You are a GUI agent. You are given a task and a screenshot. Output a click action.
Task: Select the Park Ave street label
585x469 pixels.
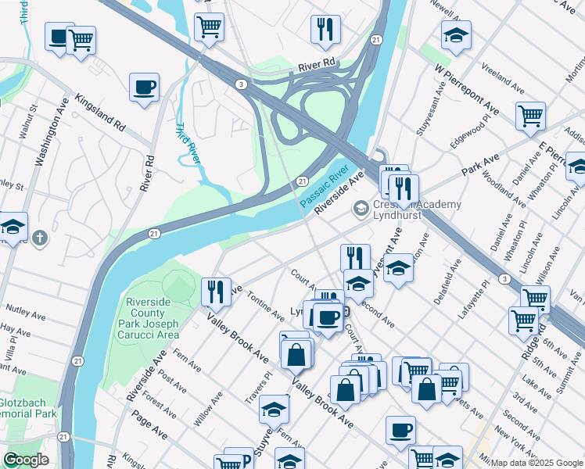[480, 165]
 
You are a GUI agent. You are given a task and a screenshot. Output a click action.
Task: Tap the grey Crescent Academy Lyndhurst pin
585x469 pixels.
[361, 208]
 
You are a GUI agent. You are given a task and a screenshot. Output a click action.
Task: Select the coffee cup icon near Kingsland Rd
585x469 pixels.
[144, 88]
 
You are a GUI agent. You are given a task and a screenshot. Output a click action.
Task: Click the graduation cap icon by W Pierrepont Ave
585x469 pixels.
[455, 35]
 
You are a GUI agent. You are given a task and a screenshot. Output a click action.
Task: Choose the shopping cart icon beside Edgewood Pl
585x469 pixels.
[530, 116]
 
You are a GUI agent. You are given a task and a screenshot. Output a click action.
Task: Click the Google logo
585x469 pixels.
[26, 460]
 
